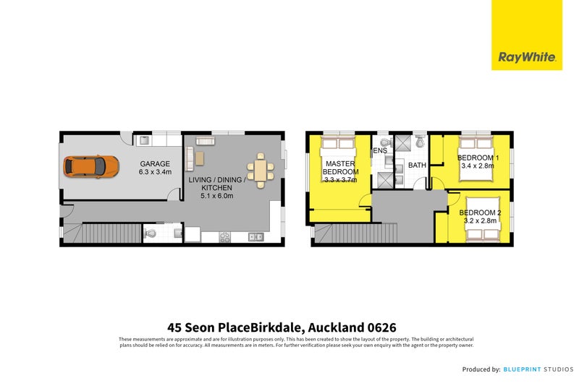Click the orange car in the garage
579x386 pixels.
(90, 167)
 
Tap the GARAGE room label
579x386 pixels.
(155, 163)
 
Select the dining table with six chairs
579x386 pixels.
(261, 170)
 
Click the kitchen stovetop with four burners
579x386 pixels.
(224, 236)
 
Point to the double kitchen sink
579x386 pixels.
(255, 236)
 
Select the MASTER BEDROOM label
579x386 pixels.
(339, 168)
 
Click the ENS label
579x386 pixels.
(380, 151)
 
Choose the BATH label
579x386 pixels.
(418, 166)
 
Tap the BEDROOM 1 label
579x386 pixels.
(477, 158)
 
